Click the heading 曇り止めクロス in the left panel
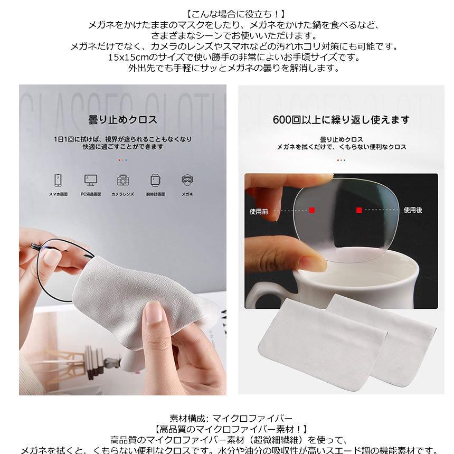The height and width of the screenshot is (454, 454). (122, 120)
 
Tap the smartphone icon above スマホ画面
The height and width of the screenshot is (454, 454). (59, 179)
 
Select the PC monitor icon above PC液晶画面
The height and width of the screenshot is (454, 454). (90, 179)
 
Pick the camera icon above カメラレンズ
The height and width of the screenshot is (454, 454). (123, 179)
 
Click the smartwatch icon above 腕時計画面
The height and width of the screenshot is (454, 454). (155, 179)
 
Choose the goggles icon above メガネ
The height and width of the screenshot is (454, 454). (187, 179)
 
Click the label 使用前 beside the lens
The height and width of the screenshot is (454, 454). (259, 211)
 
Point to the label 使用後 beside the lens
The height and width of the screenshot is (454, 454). (413, 210)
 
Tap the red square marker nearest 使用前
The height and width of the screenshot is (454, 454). (312, 210)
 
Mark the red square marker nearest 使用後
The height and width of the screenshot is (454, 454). (359, 210)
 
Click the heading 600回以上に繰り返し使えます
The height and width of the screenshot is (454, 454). (341, 120)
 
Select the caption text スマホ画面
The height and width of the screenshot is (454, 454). (59, 194)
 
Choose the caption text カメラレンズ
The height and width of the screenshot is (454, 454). (123, 194)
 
